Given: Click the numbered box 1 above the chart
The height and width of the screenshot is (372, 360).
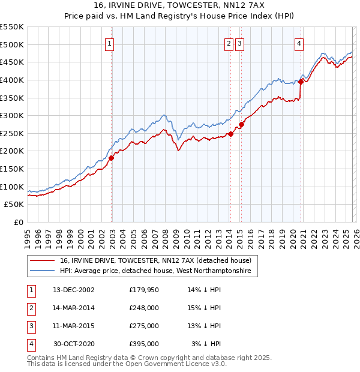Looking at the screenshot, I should coord(111,43).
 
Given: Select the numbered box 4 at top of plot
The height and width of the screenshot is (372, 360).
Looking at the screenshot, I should coord(298,43).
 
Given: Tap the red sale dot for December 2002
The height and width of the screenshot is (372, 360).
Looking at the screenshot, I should coord(112,158).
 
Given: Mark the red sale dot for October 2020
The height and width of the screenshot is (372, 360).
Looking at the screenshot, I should coord(301,82).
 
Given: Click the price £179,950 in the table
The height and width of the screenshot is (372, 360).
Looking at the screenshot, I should coord(144,290).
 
